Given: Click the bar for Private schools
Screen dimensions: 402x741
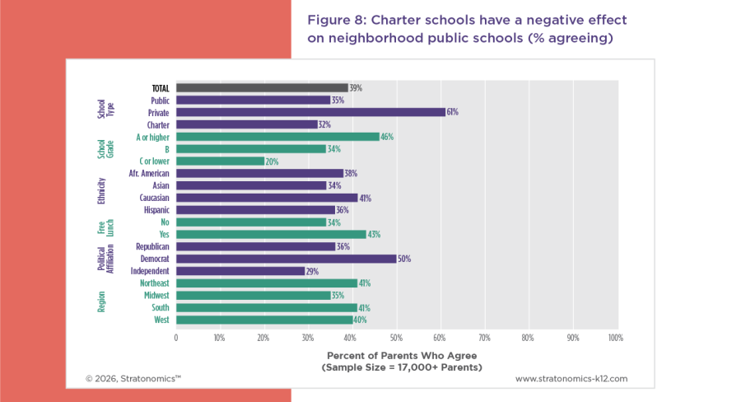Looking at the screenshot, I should pyautogui.click(x=310, y=112).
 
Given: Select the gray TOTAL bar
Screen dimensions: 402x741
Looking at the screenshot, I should pyautogui.click(x=262, y=87).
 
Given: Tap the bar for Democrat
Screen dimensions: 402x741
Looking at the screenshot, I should pyautogui.click(x=286, y=259).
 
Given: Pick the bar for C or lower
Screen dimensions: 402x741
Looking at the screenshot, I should pyautogui.click(x=220, y=161).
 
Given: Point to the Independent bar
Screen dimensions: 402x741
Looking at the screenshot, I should pyautogui.click(x=240, y=271).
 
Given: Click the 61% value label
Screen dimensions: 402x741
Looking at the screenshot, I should pyautogui.click(x=452, y=112).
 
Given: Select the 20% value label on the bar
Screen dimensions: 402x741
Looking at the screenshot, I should pyautogui.click(x=272, y=161).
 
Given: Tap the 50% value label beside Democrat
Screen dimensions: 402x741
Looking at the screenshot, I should pyautogui.click(x=404, y=259).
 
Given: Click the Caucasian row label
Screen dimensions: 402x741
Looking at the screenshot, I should pyautogui.click(x=154, y=198).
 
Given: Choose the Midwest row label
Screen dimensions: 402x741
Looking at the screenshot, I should pyautogui.click(x=156, y=295).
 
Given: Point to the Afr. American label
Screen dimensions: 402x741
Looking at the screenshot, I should pyautogui.click(x=149, y=173).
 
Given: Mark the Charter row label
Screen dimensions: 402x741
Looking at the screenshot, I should pyautogui.click(x=158, y=124).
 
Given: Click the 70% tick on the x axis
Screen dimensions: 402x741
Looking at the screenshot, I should pyautogui.click(x=483, y=338).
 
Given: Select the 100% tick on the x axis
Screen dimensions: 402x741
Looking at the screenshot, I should pyautogui.click(x=614, y=338).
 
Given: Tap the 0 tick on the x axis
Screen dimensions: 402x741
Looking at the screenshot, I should pyautogui.click(x=176, y=338).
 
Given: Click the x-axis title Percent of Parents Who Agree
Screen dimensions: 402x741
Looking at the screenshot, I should pyautogui.click(x=395, y=354).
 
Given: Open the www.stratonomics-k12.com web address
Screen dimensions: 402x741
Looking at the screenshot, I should pyautogui.click(x=571, y=379).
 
